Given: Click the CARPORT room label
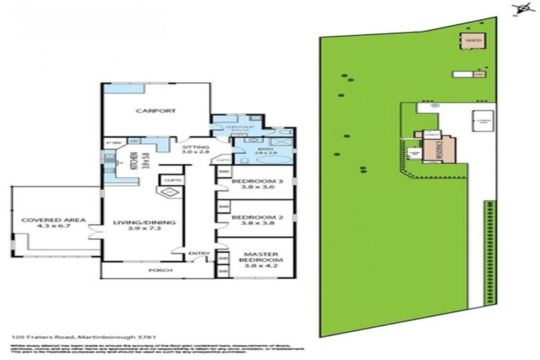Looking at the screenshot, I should pyautogui.click(x=155, y=111).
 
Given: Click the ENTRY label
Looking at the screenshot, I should pyautogui.click(x=196, y=254).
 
